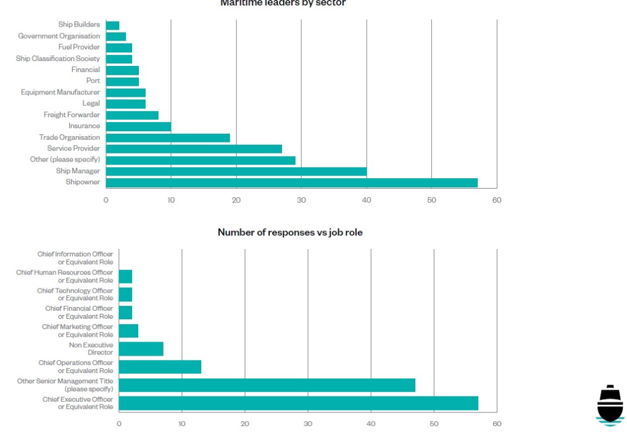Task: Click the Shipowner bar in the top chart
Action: (291, 182)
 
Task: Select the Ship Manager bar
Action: (236, 171)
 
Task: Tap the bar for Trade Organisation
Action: (168, 137)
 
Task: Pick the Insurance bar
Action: (138, 126)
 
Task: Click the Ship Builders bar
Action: (113, 25)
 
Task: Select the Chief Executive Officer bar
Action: (298, 403)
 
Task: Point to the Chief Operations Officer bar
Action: (160, 367)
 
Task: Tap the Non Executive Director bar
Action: (141, 349)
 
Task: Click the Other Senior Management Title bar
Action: (267, 385)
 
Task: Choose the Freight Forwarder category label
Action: (71, 115)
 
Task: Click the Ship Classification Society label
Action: (57, 59)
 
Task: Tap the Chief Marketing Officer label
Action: (77, 330)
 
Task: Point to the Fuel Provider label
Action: (79, 47)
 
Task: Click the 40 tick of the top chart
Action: (367, 200)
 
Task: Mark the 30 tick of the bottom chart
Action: (308, 424)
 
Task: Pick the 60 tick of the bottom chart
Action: (497, 424)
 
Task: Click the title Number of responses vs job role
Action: (289, 232)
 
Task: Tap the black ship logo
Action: (610, 405)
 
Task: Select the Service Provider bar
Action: (194, 149)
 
